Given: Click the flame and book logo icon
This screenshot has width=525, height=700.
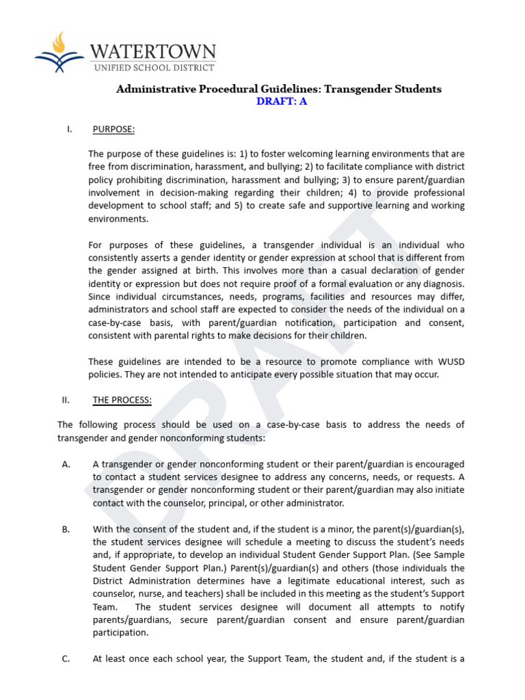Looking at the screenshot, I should point(59,53).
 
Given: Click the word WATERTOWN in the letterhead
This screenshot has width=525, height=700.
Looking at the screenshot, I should point(154,51).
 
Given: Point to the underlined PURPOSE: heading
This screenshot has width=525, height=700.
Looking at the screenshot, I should point(113,129).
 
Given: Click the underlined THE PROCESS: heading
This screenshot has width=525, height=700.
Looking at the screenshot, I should point(122,400).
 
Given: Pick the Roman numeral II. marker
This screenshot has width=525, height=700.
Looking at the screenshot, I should point(66,400).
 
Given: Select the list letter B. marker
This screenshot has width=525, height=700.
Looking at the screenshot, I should point(66,529).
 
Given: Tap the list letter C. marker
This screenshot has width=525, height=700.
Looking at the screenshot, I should point(66,659).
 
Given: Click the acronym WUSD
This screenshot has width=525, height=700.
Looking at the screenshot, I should point(451,361).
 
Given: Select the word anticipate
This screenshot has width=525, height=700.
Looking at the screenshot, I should point(264,374).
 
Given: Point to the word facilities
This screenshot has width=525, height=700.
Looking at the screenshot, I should point(332,297).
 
